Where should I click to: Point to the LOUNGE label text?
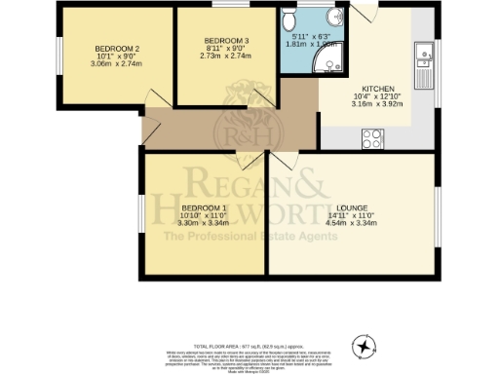pyautogui.click(x=352, y=207)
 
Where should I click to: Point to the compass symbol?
pyautogui.click(x=364, y=345)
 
